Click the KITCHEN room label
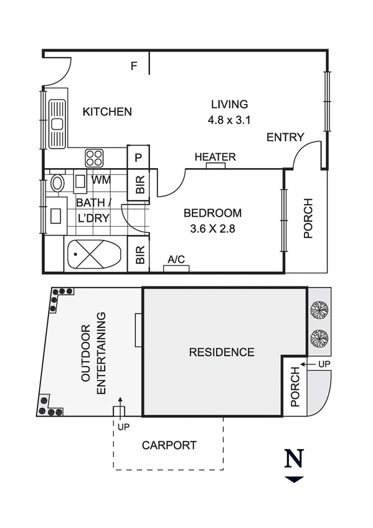107,112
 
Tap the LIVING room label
229,104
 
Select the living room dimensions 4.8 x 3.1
229,121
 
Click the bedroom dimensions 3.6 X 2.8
212,229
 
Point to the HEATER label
215,157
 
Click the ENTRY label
285,138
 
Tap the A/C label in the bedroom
176,260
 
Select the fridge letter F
133,65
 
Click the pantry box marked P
138,157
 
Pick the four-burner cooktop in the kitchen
95,156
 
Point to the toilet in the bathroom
57,183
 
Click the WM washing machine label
101,180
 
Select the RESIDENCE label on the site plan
222,352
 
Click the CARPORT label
169,445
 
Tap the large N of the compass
294,459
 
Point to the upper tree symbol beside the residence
319,309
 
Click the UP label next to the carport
123,427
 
